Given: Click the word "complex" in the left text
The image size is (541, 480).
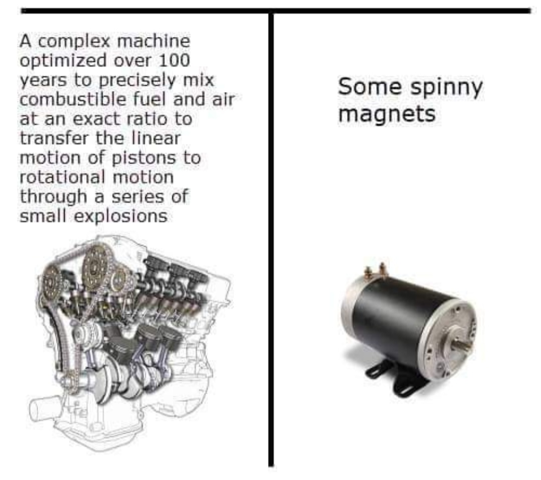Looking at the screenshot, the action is (74, 42).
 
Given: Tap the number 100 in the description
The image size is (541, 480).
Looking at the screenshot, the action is (174, 60).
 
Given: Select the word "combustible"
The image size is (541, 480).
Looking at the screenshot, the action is (73, 99).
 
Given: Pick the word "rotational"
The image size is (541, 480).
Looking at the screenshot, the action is (63, 177).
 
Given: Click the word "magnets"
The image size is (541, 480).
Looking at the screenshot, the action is (387, 114).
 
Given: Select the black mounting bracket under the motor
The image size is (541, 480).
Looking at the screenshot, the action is (397, 379).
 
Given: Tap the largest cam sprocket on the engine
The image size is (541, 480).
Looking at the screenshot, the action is (96, 267).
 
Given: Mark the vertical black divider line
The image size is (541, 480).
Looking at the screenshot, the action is (271, 239).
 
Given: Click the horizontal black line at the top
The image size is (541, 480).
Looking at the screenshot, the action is (276, 11).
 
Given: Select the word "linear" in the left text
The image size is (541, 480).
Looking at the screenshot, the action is (156, 138).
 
